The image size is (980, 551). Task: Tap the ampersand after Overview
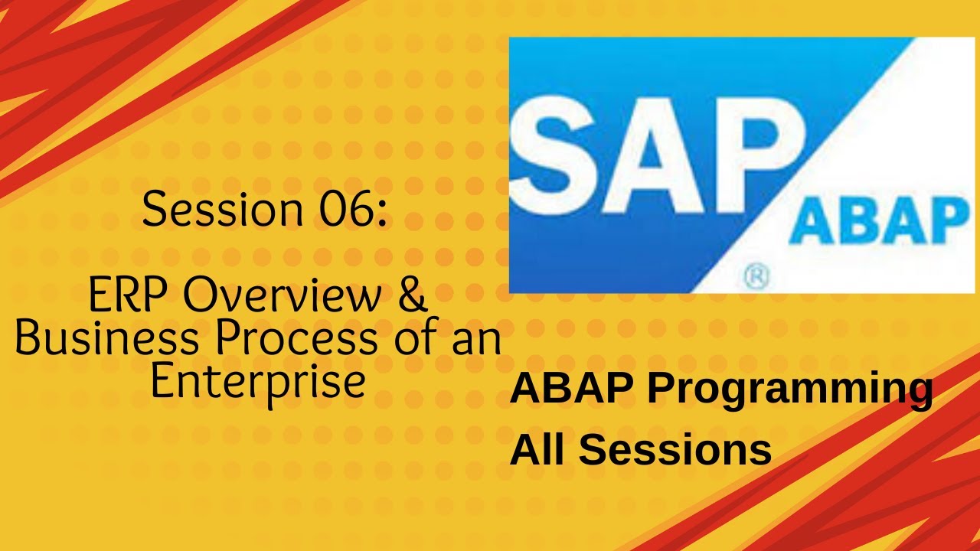413,295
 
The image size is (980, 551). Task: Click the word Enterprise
257,382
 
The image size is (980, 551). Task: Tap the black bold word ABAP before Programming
573,389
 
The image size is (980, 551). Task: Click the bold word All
537,449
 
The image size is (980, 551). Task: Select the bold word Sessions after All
675,450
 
